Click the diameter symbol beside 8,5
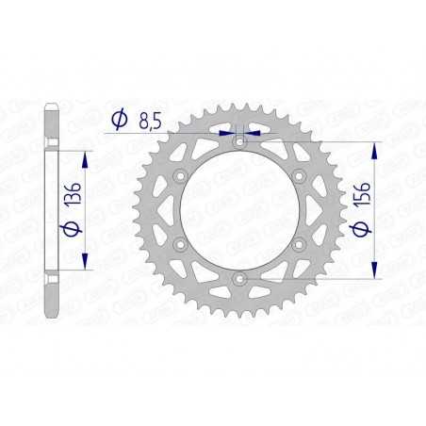coord(119,119)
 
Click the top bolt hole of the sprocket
coord(239,139)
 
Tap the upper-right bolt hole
coord(300,175)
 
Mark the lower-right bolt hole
coord(300,245)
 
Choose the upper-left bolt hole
coord(178,175)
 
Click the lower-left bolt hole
coord(178,245)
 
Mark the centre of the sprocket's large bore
coord(239,210)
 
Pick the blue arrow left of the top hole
coord(225,133)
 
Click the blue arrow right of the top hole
coord(253,133)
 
